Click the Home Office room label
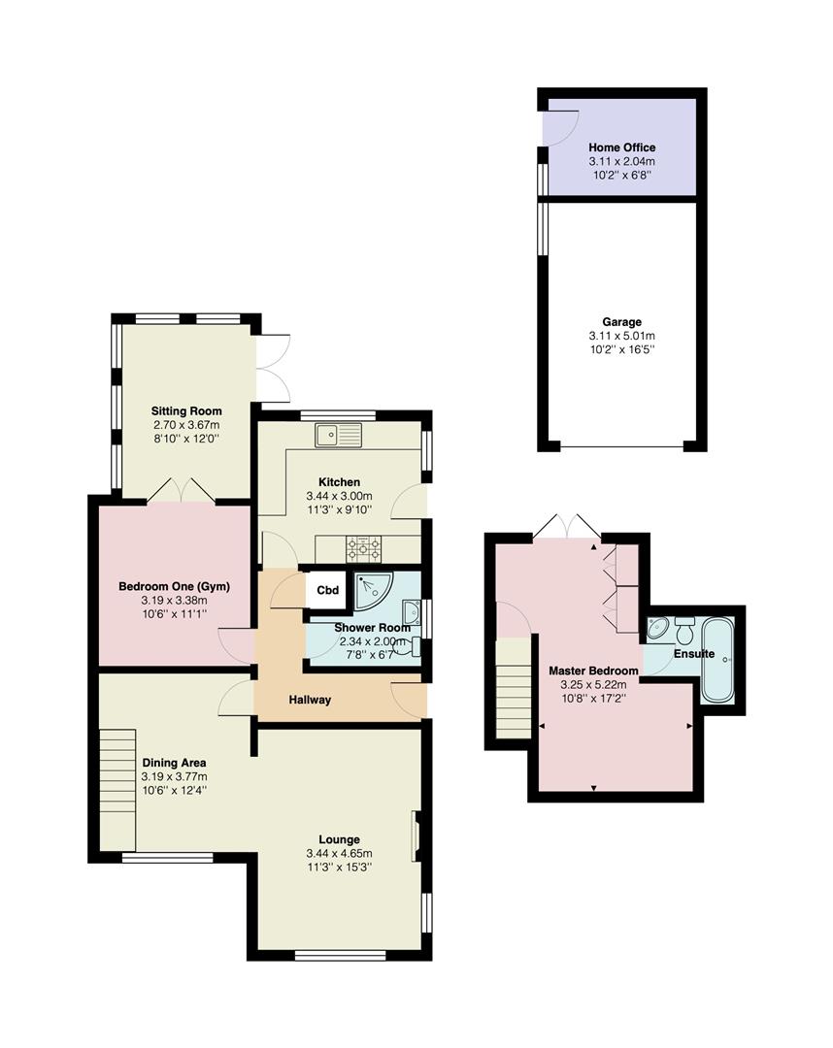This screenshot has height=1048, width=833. (621, 147)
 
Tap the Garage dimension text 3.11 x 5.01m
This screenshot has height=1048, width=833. (621, 336)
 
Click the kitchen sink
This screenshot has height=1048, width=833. (337, 435)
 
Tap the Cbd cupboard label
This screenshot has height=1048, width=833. (328, 590)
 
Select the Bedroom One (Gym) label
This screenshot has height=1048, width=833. (163, 586)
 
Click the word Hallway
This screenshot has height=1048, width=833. (310, 699)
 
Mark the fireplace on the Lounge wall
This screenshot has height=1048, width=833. (416, 835)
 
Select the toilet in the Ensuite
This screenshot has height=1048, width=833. (683, 631)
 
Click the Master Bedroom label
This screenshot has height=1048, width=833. (593, 671)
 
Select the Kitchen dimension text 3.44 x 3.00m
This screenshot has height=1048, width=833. (339, 496)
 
